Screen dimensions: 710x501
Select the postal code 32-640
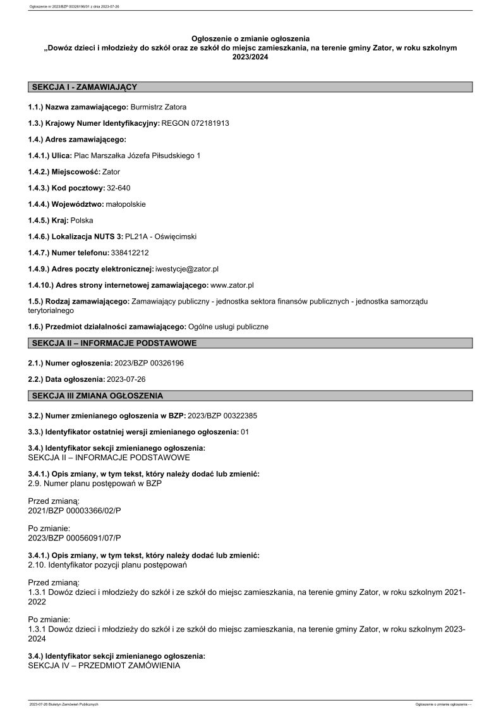(119, 188)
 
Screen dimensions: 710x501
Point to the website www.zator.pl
(232, 285)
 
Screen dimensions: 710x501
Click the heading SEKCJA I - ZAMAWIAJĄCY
(84, 87)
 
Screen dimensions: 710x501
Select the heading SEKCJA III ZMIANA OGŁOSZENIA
(97, 396)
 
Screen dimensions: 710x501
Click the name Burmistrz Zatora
(158, 107)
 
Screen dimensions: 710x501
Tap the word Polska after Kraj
(82, 220)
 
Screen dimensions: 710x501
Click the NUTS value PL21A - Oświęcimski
(161, 236)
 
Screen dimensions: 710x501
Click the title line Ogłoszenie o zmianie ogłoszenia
(250, 39)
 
